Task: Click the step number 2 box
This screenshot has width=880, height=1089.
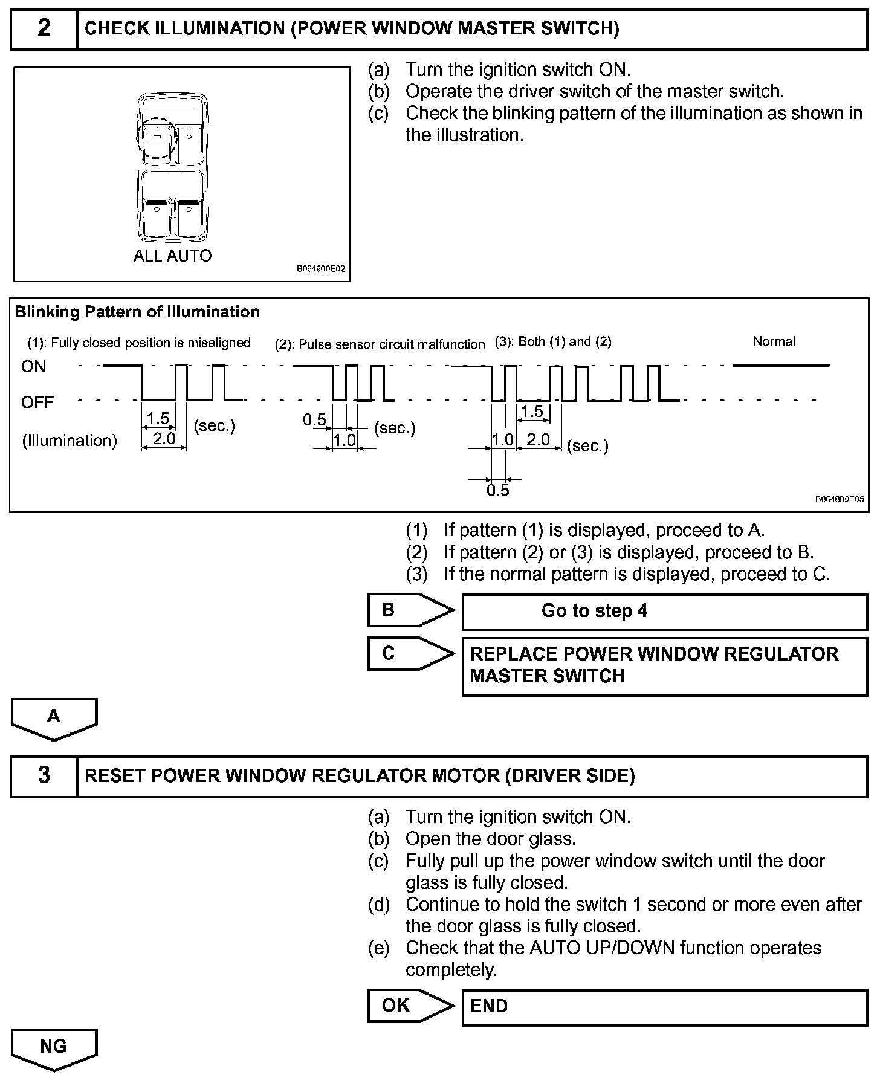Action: coord(44,29)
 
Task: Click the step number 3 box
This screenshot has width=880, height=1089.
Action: coord(44,776)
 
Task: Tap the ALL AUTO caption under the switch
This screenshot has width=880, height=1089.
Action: coord(172,256)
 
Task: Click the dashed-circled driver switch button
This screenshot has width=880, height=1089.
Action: coord(157,138)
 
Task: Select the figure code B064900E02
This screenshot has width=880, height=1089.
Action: coord(320,269)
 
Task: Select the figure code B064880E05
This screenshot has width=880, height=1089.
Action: coord(839,499)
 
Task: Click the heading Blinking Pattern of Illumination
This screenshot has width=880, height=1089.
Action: coord(137,312)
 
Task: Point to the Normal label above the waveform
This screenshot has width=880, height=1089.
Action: coord(774,341)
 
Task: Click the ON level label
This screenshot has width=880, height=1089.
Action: coord(33,367)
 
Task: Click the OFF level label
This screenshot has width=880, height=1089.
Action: coord(37,402)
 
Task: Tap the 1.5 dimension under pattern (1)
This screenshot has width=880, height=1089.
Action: coord(158,418)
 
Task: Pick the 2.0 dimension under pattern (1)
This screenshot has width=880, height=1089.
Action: coord(164,438)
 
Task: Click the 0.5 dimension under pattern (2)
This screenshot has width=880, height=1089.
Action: coord(314,419)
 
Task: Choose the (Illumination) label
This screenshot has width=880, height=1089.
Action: coord(70,441)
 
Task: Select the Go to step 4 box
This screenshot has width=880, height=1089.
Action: coord(664,612)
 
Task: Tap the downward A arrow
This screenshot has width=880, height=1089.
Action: coord(54,718)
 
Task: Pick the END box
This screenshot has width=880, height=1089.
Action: coord(664,1007)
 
